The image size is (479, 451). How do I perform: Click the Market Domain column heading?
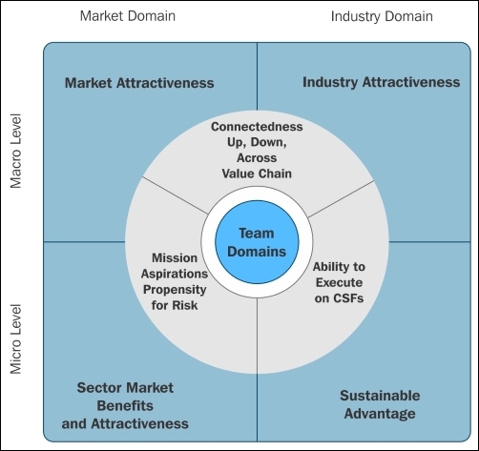pos(128,16)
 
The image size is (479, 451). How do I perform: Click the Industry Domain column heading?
pos(382,16)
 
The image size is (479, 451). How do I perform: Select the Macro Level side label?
pos(15,151)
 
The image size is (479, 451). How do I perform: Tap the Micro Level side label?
pos(15,339)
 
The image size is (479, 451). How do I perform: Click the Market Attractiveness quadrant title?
pos(139,83)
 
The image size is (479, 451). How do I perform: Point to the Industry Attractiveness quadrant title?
pos(381,82)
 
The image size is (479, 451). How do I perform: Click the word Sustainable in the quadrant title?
pos(380,396)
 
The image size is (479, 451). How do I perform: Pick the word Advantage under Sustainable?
pos(380,414)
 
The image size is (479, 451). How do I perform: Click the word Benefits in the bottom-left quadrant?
pos(125,405)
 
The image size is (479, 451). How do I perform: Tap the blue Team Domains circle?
pos(257,242)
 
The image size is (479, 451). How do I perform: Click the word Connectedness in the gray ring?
pos(257,127)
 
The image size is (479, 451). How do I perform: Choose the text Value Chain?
pos(257,174)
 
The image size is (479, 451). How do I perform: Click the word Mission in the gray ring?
pos(175,257)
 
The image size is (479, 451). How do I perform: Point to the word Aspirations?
pos(175,274)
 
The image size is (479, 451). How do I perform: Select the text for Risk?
pos(175,305)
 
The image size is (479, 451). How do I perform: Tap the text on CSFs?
pos(339,298)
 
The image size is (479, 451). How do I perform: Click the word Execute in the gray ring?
pos(339,282)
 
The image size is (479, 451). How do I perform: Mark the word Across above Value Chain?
pos(257,158)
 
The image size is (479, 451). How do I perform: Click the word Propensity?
pos(175,290)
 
